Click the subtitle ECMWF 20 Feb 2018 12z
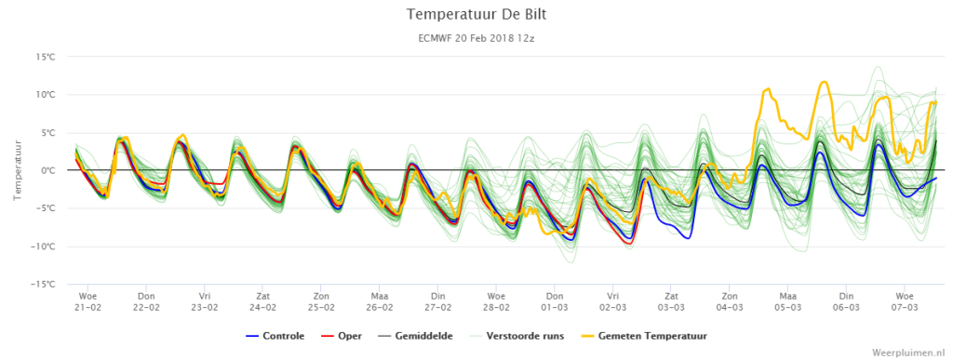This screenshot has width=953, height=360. click(476, 37)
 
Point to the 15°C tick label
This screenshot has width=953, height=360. click(45, 57)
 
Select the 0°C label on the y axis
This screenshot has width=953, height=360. click(47, 170)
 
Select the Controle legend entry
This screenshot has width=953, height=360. click(275, 336)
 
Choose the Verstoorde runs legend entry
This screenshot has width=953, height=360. click(514, 336)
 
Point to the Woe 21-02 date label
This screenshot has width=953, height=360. click(87, 301)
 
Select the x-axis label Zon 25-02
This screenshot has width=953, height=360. click(321, 301)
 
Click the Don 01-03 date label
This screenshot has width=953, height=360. click(555, 301)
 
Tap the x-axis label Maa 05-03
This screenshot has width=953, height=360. click(787, 301)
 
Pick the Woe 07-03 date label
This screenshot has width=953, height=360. click(905, 301)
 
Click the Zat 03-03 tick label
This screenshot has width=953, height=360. click(671, 301)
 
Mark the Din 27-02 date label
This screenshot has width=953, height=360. click(437, 301)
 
